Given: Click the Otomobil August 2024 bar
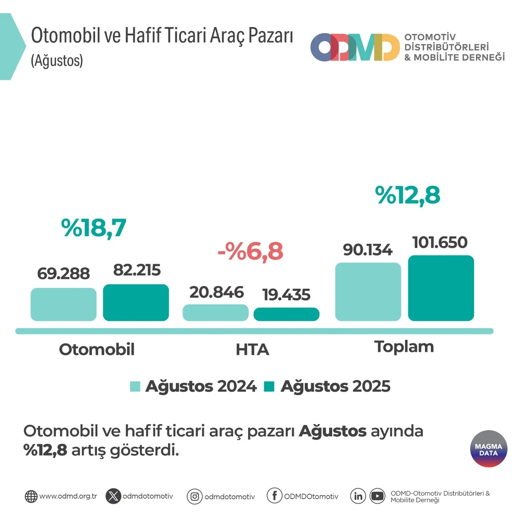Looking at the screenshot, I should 63,304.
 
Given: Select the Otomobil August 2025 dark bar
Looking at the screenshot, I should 136,302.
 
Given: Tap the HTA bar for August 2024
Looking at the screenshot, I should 215,312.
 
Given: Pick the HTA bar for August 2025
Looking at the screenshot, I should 286,314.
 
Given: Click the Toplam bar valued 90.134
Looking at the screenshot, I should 368,292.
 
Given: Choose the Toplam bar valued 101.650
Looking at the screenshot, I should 441,288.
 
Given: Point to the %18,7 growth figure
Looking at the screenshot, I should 94,228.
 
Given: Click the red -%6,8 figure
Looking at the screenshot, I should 250,252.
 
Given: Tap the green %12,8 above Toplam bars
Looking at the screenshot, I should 407,195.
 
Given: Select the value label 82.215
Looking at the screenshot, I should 137,270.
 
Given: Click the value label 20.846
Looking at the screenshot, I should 216,292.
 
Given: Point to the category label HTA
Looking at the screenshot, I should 252,350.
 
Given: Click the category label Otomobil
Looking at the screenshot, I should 97,350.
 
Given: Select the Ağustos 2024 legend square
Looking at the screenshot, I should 135,386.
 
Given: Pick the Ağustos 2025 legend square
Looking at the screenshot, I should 269,386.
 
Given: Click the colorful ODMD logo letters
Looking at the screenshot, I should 354,48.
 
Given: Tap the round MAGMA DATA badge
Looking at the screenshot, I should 488,449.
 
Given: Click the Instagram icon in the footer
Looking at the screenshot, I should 194,497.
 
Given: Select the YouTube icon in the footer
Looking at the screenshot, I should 377,496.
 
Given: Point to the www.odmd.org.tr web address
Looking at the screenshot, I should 68,496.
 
